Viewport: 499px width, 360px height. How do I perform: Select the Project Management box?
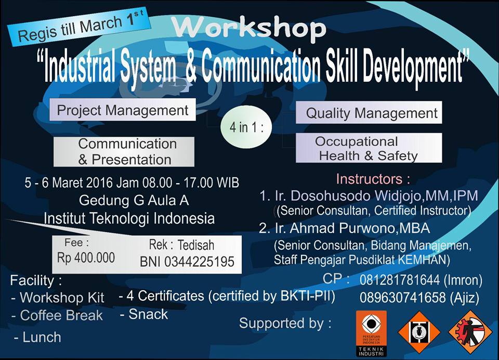pyautogui.click(x=123, y=110)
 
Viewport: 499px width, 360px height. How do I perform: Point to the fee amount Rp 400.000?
pyautogui.click(x=86, y=258)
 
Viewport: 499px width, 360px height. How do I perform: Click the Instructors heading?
pyautogui.click(x=373, y=179)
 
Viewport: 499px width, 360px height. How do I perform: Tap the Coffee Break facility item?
pyautogui.click(x=61, y=315)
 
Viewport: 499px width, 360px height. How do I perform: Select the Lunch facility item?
pyautogui.click(x=42, y=337)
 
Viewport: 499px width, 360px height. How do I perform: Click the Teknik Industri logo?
pyautogui.click(x=371, y=333)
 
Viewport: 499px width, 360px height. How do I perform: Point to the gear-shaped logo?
pyautogui.click(x=469, y=331)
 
